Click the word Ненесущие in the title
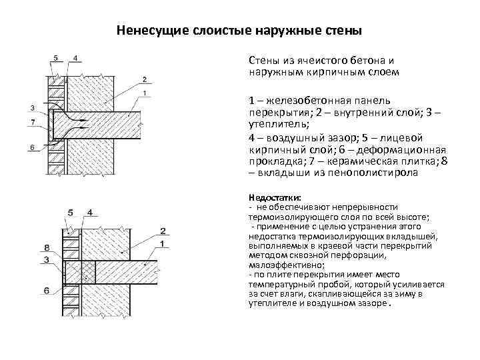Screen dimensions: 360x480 pos(145,31)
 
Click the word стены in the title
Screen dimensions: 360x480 pos(343,31)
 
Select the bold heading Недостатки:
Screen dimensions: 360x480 pos(275,198)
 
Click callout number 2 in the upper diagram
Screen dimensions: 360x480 pos(145,80)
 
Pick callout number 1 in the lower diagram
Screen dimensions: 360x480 pos(163,245)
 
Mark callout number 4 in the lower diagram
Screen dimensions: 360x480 pos(89,212)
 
